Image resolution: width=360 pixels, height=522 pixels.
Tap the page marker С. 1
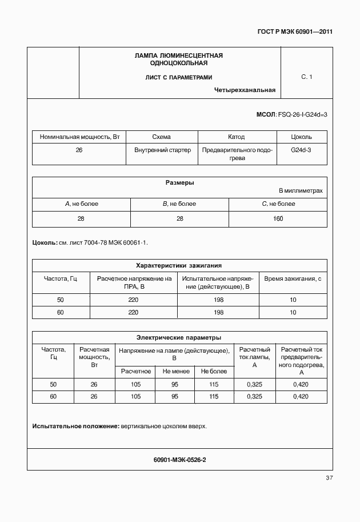coord(306,77)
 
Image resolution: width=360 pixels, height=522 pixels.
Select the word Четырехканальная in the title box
coord(245,90)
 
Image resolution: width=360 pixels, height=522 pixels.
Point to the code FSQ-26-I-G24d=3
coord(302,115)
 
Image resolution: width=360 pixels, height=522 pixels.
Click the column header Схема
coord(162,137)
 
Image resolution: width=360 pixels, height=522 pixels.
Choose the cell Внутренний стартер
coord(162,150)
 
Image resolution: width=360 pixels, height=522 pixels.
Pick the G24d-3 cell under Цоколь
coord(301,150)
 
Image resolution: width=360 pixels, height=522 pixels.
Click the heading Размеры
coord(179,183)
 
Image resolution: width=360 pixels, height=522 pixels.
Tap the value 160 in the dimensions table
coord(278,218)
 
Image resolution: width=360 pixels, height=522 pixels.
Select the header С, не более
coord(278,204)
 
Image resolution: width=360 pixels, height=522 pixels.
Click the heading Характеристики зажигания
coord(179,265)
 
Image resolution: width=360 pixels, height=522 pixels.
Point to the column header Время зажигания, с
coord(293,278)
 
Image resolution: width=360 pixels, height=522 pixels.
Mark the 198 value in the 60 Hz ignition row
coord(218,312)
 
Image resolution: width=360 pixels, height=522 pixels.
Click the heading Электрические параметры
coord(179,337)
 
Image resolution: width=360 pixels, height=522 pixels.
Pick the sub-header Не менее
coord(175,371)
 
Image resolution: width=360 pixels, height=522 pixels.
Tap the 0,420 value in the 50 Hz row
coord(301,384)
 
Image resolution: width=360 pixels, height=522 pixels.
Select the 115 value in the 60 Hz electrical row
coord(214,396)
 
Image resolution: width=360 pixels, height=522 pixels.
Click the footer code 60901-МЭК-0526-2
coord(179,459)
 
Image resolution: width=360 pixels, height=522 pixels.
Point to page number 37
coord(329,477)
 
